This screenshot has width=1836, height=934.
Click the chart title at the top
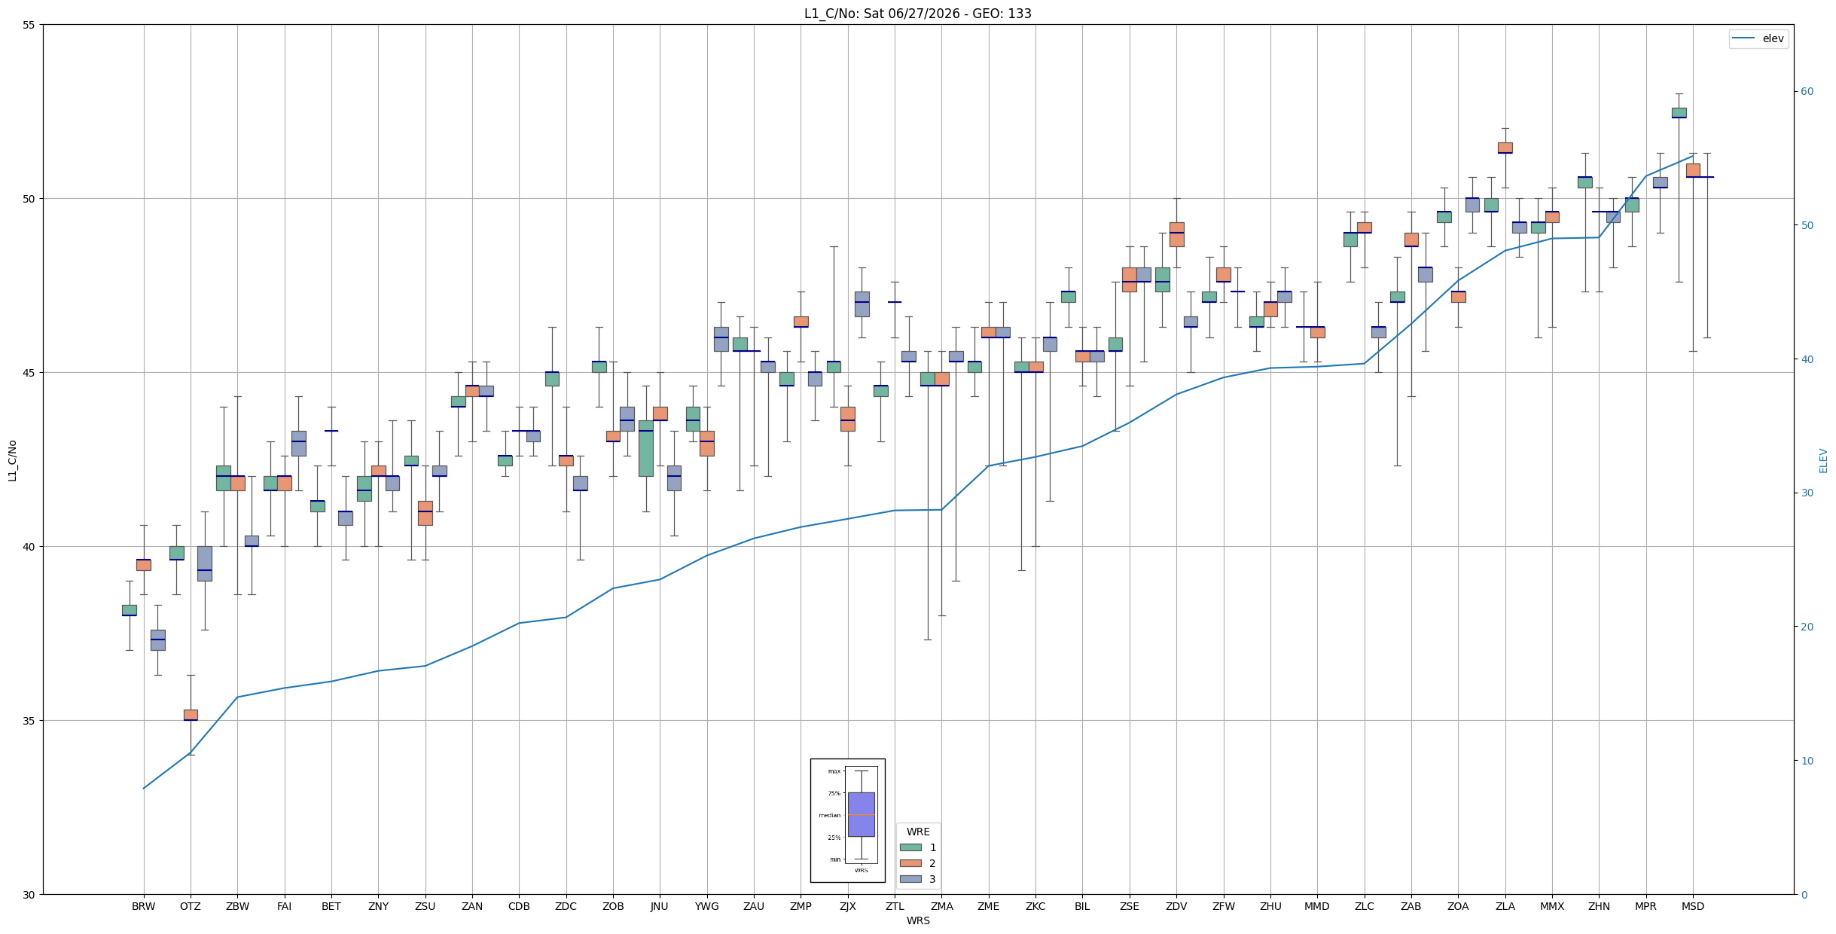[917, 14]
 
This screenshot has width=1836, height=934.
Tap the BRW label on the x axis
[143, 906]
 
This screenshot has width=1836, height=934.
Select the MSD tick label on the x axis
[1693, 906]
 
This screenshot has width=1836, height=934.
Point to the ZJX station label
[848, 906]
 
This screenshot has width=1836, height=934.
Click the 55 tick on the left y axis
[29, 25]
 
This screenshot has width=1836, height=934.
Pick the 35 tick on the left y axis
[29, 721]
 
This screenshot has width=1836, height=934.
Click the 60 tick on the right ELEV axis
[1807, 92]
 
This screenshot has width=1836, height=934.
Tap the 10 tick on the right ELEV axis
[1807, 761]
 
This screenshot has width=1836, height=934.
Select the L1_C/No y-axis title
[12, 460]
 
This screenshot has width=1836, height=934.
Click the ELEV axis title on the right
[1824, 460]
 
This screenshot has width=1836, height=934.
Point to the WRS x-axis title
[918, 920]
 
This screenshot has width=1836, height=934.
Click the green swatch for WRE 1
[910, 847]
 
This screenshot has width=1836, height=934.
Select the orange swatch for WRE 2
[910, 863]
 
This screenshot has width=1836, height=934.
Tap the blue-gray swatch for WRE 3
[910, 879]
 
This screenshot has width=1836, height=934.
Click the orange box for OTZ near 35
[191, 715]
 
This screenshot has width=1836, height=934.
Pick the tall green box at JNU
[645, 448]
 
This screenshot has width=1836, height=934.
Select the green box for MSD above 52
[1679, 113]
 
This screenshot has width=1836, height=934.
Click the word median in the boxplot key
[830, 815]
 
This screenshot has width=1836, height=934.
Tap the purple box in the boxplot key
[862, 814]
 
